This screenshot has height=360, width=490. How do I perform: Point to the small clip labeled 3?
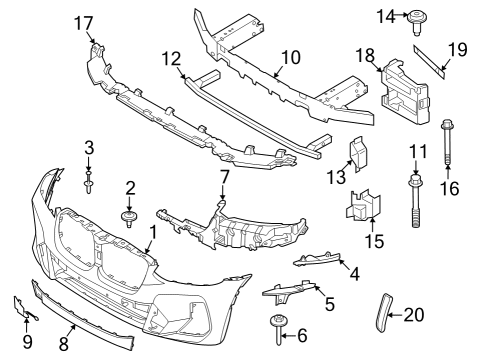pos(90,182)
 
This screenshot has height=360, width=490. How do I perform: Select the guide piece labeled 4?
pos(318,262)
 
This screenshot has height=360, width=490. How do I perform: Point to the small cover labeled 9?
pos(22,309)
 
